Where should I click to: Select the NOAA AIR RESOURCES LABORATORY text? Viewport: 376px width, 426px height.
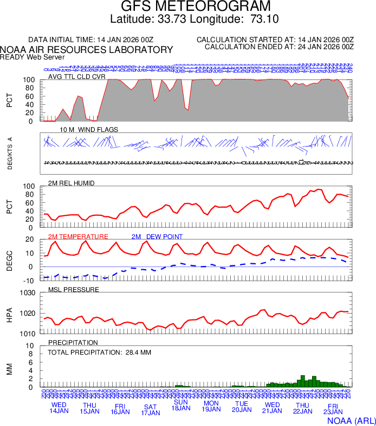tap(87, 50)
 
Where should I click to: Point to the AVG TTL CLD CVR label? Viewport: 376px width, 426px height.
tap(76, 77)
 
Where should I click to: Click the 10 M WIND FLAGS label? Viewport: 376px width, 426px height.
tap(89, 130)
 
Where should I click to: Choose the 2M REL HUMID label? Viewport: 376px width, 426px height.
tap(72, 183)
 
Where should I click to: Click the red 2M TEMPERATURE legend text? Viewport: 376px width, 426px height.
tap(78, 237)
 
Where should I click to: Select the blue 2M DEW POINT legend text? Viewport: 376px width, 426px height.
tap(157, 237)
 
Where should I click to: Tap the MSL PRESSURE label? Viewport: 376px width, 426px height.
tap(74, 290)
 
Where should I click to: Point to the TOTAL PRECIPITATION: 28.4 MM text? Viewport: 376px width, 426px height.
tap(99, 352)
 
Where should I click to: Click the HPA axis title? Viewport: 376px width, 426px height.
tap(9, 313)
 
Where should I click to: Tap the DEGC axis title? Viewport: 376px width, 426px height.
tap(9, 260)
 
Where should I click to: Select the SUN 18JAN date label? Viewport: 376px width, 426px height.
tap(181, 405)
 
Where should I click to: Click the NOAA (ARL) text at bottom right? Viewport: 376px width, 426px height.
tap(351, 420)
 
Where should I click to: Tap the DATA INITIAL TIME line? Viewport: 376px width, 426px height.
tap(91, 40)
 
